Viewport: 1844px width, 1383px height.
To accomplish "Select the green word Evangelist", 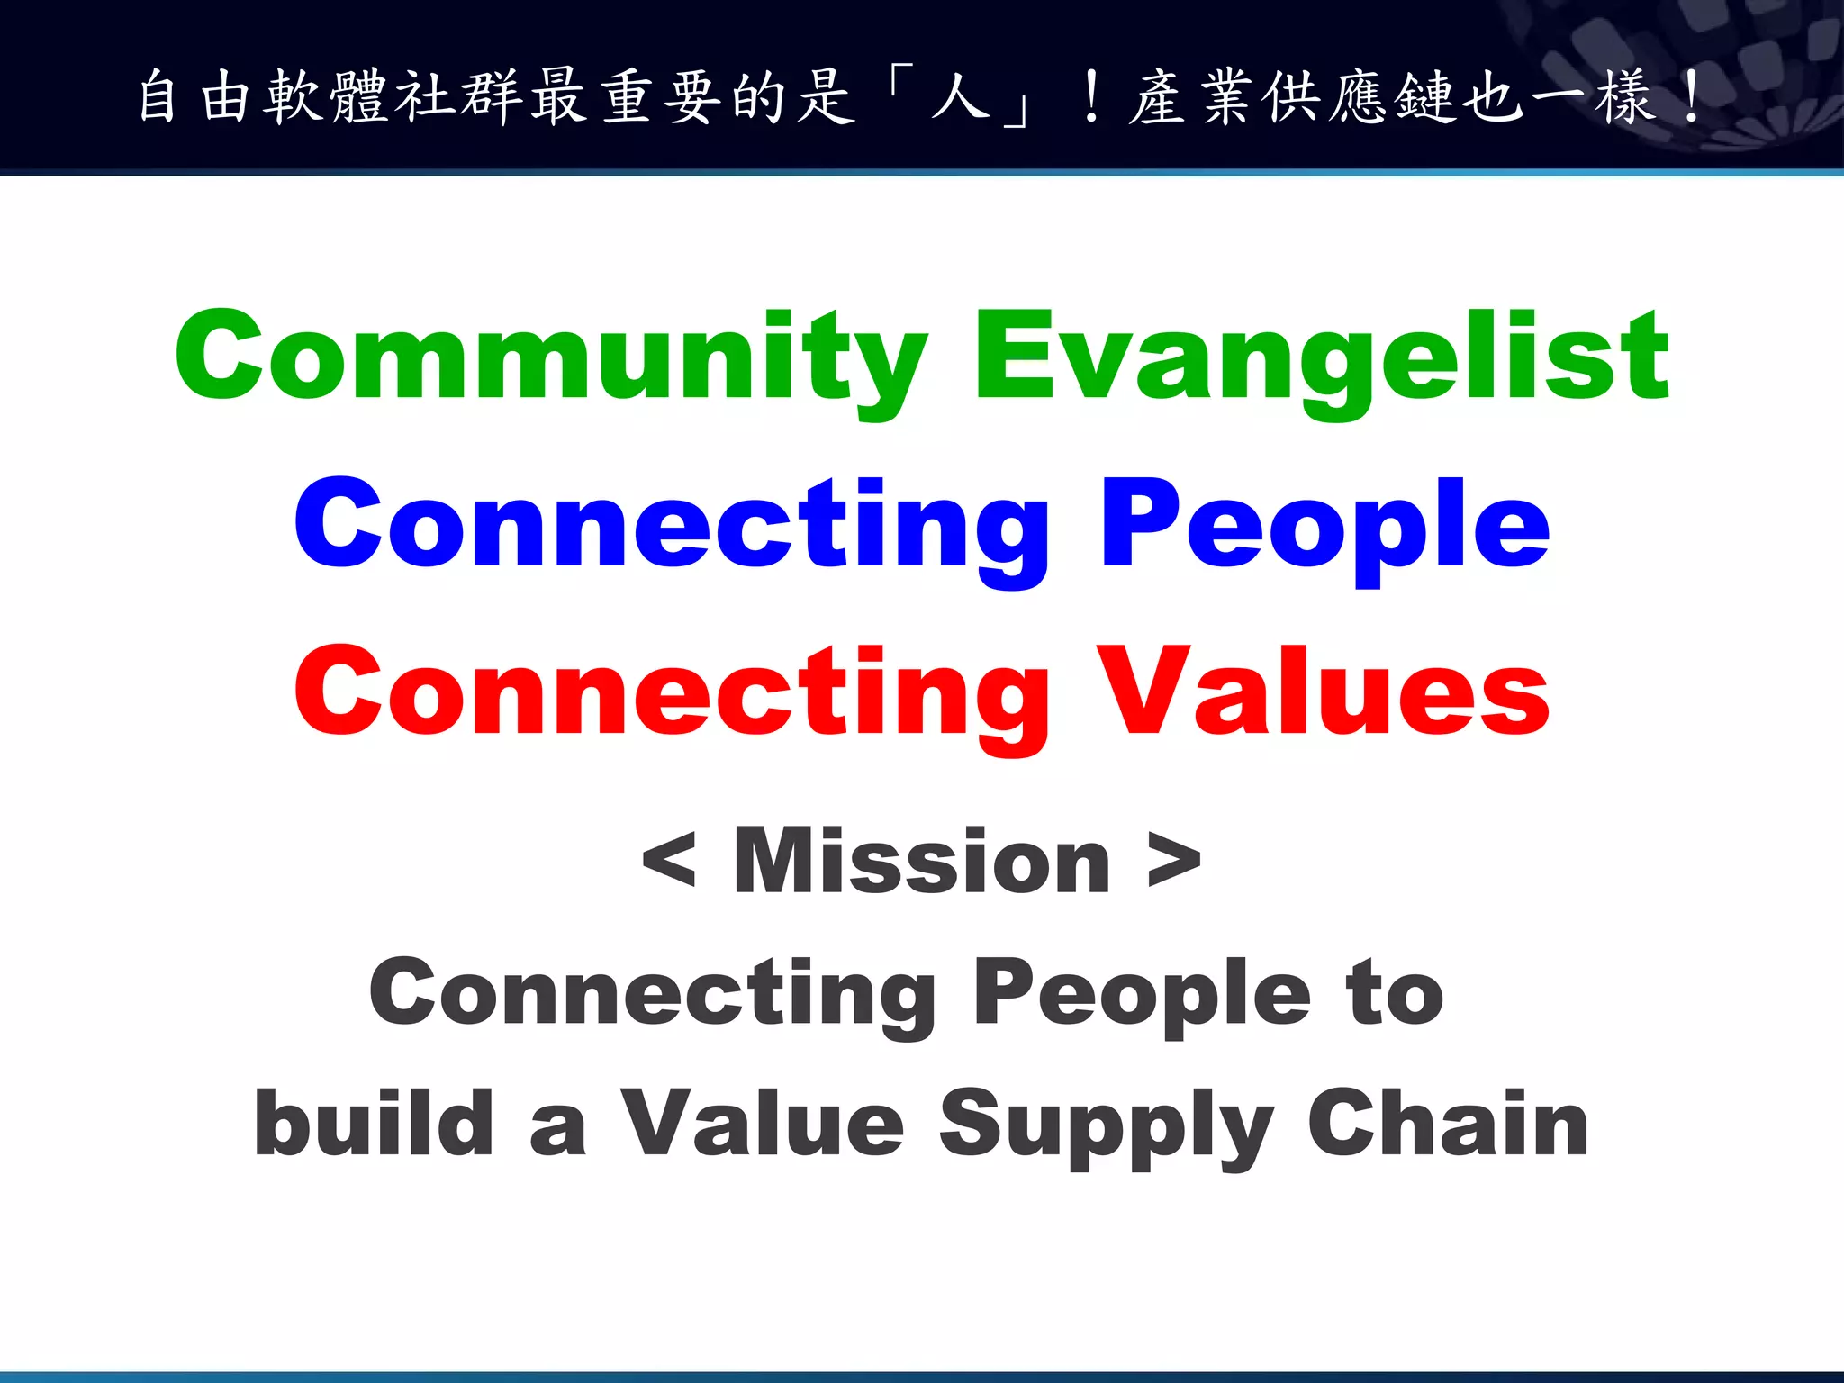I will coord(1322,356).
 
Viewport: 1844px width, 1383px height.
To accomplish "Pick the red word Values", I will coord(1324,691).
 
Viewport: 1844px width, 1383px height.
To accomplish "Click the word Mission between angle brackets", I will coord(922,862).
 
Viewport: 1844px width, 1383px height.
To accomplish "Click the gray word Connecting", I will coord(653,993).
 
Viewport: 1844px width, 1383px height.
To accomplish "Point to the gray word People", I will coord(1142,993).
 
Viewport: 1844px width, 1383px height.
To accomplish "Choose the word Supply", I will coord(1106,1125).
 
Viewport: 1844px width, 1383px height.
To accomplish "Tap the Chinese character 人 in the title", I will coord(962,96).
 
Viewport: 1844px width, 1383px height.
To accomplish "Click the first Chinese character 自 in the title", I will coord(158,96).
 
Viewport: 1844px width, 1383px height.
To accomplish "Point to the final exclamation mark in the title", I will coord(1692,96).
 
